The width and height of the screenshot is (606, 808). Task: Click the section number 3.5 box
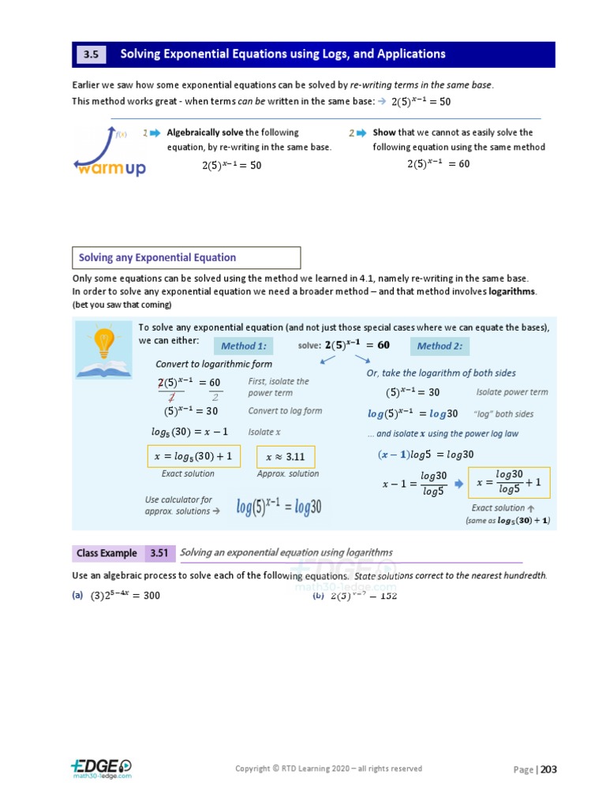click(89, 54)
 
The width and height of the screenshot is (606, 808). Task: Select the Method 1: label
click(244, 346)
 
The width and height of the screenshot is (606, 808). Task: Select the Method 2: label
click(440, 346)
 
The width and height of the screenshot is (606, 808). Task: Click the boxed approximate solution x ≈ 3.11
click(286, 457)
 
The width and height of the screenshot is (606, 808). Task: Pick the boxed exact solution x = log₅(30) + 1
click(193, 457)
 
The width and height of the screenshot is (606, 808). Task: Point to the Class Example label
click(107, 553)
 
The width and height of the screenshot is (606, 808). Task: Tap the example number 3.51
click(159, 553)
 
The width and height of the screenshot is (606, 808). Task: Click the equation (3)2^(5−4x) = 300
click(125, 596)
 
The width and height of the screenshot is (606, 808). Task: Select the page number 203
click(548, 769)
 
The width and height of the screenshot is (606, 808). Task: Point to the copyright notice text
click(328, 769)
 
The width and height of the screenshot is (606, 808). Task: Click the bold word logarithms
click(512, 291)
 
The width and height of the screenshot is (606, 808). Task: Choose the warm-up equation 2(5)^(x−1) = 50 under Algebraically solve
click(231, 165)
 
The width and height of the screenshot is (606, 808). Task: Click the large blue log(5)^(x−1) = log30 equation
click(279, 507)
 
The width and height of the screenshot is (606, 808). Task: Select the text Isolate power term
click(511, 392)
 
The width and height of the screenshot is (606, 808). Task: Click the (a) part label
click(77, 596)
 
